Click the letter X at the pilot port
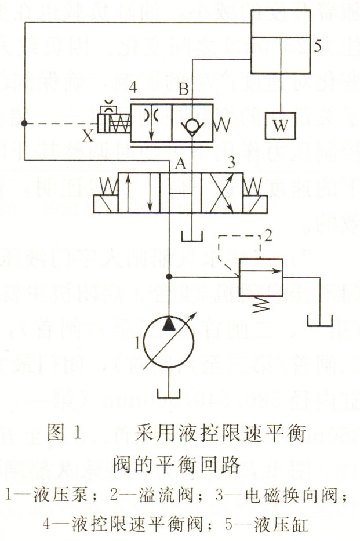[x=88, y=136]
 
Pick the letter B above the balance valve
[x=183, y=90]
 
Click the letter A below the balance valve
[x=180, y=165]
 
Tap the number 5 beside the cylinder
[x=317, y=47]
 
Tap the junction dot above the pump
[x=169, y=277]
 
